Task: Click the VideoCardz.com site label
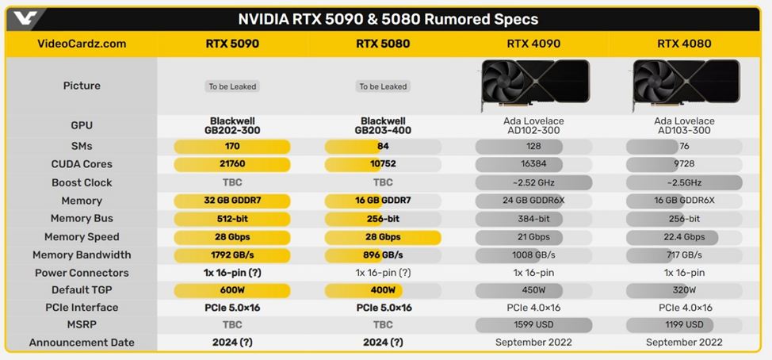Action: pos(82,44)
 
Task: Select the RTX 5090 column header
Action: pos(232,44)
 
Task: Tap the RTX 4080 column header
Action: pos(684,44)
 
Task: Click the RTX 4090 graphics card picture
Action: pos(533,86)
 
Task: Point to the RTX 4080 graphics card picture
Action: pos(684,86)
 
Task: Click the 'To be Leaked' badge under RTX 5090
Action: pos(232,86)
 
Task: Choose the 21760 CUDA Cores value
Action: pos(232,164)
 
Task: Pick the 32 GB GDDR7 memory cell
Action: pos(232,201)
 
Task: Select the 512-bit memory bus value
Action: pos(232,218)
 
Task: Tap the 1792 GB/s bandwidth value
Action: pos(232,255)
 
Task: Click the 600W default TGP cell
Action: pos(232,290)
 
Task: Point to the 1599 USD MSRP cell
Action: pos(533,324)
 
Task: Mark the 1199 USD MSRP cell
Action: pos(684,324)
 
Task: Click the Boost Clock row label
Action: pos(82,182)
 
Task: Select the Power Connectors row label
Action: pos(82,273)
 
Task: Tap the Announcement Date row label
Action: pos(82,343)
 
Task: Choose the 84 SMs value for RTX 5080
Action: pos(383,146)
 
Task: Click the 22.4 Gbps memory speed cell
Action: pos(684,236)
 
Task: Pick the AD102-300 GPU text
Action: pos(533,130)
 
